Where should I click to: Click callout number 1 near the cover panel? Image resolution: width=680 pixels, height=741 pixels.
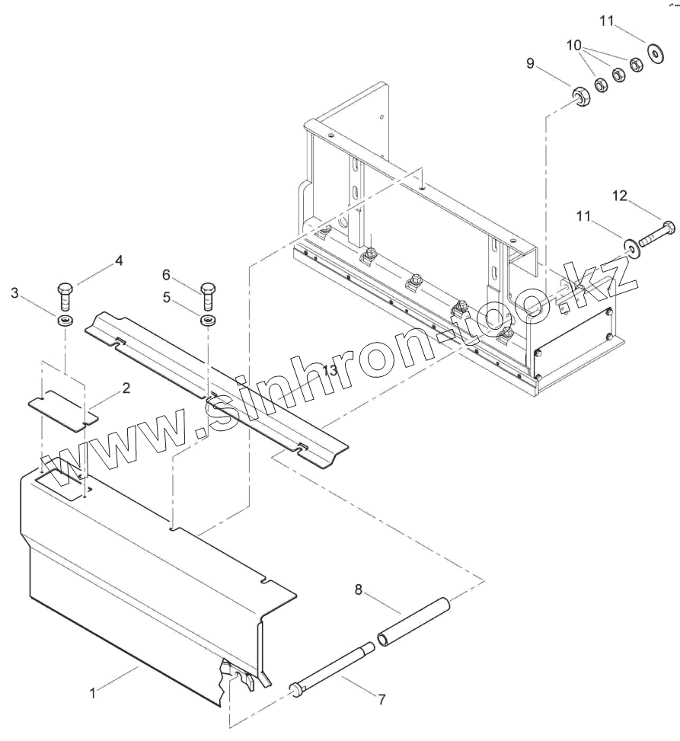click(93, 693)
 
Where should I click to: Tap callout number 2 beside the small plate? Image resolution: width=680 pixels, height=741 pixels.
click(126, 388)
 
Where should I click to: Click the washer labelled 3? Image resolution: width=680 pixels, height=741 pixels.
click(64, 318)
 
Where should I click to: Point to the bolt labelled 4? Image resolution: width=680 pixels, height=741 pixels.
click(64, 293)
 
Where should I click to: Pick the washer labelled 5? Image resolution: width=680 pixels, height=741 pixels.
click(206, 319)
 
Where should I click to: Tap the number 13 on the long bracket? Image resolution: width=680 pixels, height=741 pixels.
click(328, 370)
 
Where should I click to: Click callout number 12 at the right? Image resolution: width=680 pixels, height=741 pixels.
click(620, 196)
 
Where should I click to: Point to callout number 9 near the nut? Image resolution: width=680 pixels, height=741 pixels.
click(530, 64)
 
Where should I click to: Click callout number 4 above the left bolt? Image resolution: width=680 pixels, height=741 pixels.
click(119, 260)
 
